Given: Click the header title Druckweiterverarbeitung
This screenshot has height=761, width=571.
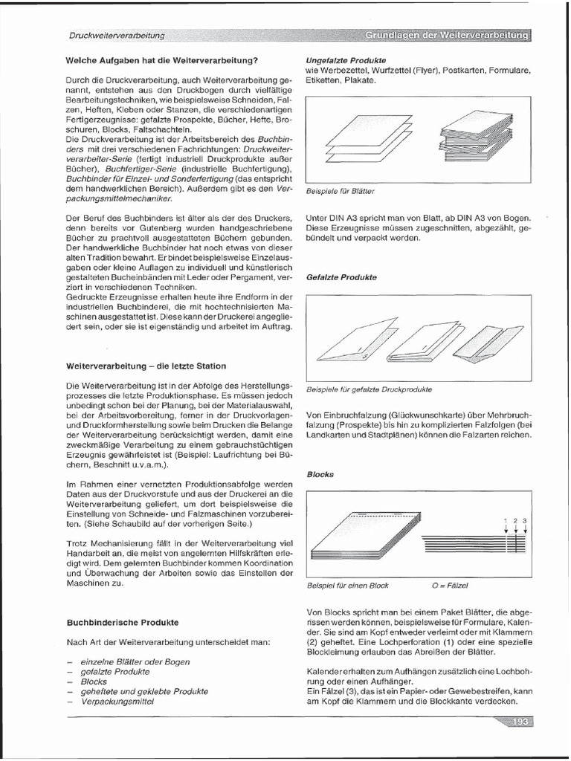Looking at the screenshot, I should pyautogui.click(x=117, y=35).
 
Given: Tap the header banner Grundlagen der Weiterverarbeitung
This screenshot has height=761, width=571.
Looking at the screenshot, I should pyautogui.click(x=447, y=35).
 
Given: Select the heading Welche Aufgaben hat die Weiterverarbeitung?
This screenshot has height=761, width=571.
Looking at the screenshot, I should pyautogui.click(x=161, y=59).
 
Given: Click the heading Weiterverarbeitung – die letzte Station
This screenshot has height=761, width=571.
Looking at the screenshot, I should pyautogui.click(x=146, y=366).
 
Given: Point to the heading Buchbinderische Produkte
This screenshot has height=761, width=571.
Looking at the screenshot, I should pyautogui.click(x=123, y=621).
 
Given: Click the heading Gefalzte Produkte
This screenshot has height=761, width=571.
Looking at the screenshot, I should pyautogui.click(x=341, y=277).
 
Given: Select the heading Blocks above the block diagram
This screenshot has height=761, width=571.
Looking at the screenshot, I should pyautogui.click(x=320, y=473).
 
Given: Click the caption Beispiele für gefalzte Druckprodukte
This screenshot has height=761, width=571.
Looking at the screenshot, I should pyautogui.click(x=369, y=389).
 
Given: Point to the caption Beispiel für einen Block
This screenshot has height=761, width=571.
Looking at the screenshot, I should pyautogui.click(x=347, y=586).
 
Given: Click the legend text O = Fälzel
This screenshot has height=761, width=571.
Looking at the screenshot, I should pyautogui.click(x=450, y=586).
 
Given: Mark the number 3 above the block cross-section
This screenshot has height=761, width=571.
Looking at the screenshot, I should pyautogui.click(x=526, y=521).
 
